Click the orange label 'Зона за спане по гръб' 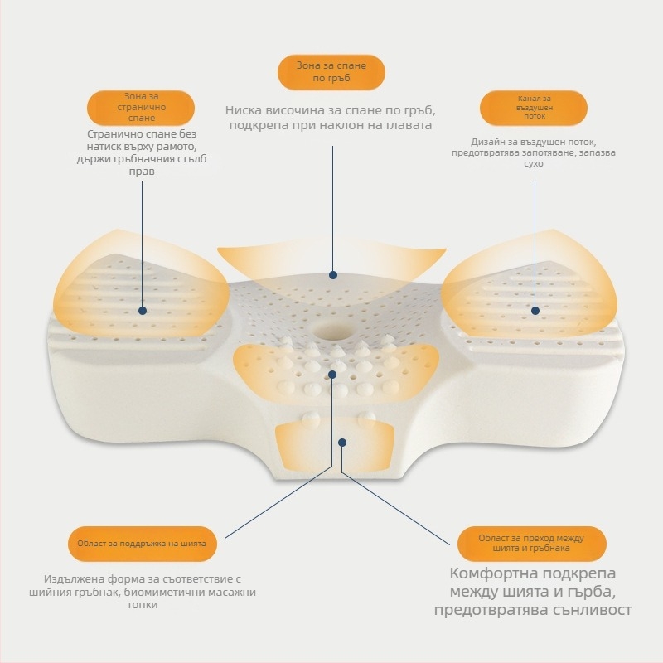(331, 72)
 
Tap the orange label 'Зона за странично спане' (141, 108)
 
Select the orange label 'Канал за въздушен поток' (534, 108)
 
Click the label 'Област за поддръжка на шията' (143, 544)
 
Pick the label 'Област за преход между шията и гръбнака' (532, 544)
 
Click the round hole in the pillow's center (332, 329)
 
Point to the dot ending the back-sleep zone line (333, 275)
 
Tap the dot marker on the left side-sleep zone (143, 311)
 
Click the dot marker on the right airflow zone (535, 311)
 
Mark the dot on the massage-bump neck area (332, 375)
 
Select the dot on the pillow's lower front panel (342, 443)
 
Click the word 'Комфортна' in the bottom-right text (489, 573)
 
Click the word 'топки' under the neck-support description (143, 605)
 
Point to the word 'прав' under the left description (142, 172)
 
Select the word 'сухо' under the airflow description (534, 163)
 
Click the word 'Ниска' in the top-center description (240, 111)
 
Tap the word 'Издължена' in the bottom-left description (71, 578)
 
